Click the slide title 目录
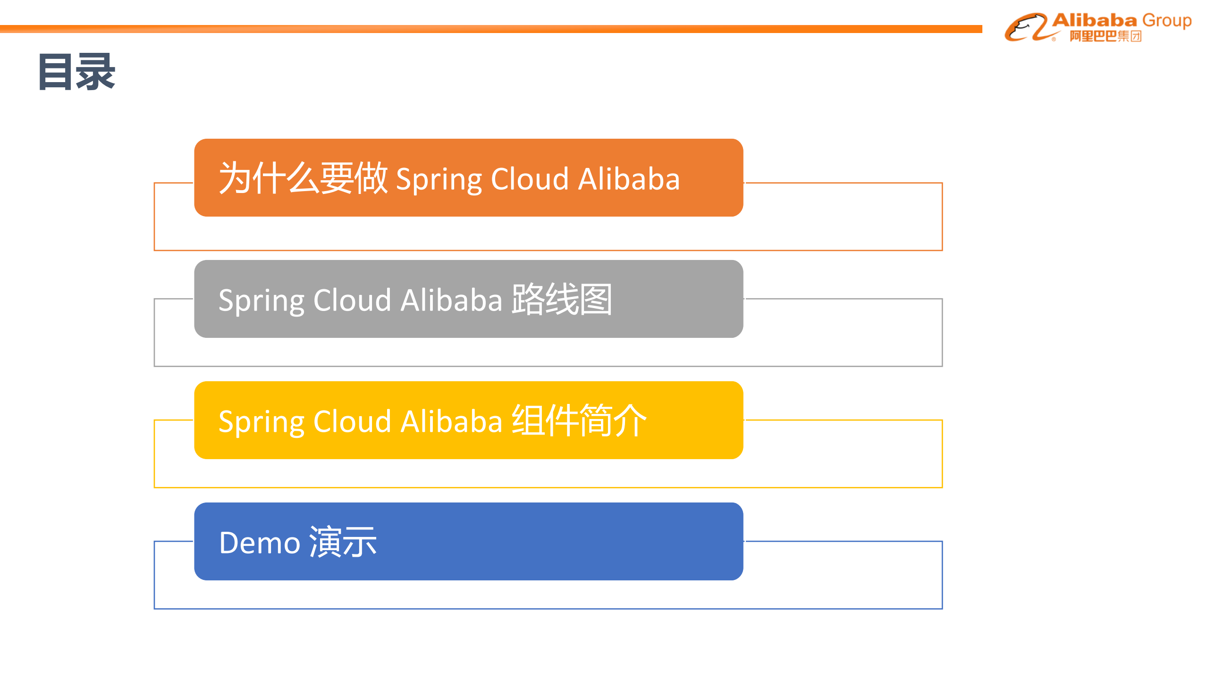(76, 72)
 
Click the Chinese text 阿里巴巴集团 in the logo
(1105, 36)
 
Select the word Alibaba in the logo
(1094, 20)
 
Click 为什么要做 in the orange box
(303, 178)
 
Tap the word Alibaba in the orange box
(629, 179)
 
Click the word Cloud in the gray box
(352, 300)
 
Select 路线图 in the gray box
(562, 299)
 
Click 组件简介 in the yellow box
(579, 420)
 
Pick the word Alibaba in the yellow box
(451, 421)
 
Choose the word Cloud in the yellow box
(352, 421)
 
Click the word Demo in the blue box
(260, 543)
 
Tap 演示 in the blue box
(343, 542)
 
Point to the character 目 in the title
(56, 72)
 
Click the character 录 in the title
(96, 72)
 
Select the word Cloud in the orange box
(530, 179)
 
